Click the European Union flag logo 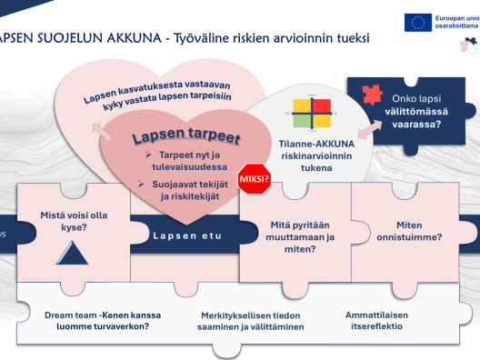pos(419,23)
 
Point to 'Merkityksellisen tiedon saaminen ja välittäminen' pos(252,320)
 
